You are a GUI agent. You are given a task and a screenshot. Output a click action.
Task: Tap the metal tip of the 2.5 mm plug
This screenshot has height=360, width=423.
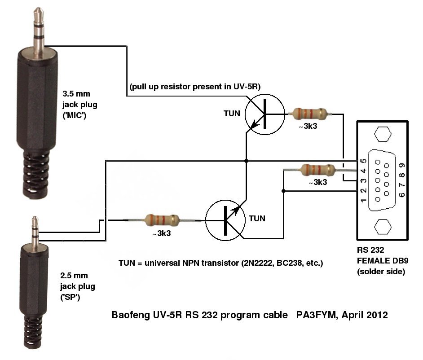click(x=33, y=221)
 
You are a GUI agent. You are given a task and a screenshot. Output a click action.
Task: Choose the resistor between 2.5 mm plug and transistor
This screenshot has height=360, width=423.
click(x=162, y=220)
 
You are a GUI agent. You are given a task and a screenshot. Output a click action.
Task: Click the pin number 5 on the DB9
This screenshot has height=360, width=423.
click(x=363, y=161)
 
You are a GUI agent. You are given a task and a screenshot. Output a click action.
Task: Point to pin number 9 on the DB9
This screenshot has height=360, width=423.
click(x=402, y=161)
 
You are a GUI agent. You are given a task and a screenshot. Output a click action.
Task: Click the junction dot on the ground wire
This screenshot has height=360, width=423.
click(x=246, y=160)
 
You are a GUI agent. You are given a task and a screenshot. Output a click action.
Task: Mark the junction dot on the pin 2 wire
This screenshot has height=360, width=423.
click(x=283, y=191)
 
